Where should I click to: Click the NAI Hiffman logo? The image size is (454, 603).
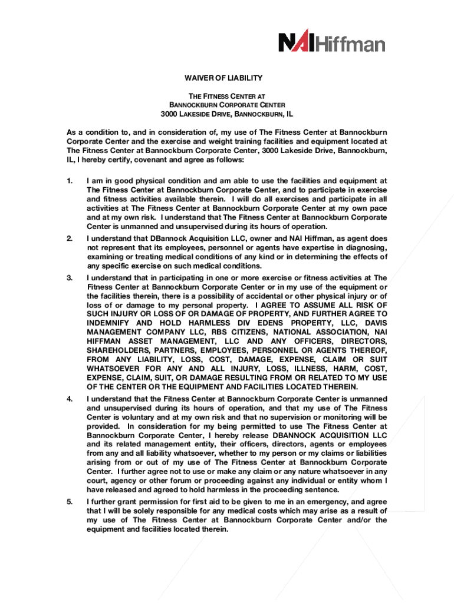331,42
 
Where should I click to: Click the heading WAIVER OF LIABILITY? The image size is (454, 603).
227,78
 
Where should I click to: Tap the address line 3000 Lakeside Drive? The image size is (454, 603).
227,114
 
